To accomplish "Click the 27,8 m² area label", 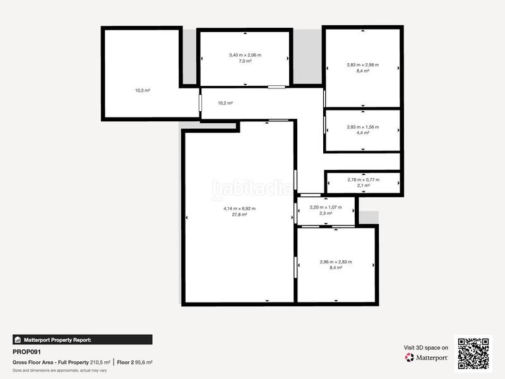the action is point(239,214).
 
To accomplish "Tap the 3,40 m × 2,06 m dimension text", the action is point(245,55).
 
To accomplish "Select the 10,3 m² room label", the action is point(143,90).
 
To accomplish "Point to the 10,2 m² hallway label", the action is point(225,103).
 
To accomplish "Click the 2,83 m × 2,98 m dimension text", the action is point(362,65).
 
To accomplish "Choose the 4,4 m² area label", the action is point(362,133).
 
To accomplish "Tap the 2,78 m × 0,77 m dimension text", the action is point(364,180).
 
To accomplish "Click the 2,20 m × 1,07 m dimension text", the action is point(326,207).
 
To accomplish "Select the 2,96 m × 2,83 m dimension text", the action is point(336,262).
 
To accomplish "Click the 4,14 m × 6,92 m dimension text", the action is point(239,208).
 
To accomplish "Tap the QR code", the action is point(473,354).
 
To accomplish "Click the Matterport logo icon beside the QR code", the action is point(409,358).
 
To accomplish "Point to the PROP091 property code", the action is point(27,352).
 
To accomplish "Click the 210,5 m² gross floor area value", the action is point(100,362).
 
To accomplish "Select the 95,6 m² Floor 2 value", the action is point(143,362).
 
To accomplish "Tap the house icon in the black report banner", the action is point(18,340).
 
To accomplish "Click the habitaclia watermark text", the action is point(252,188).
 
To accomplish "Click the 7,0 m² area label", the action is point(245,61).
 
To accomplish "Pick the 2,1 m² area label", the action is point(364,186).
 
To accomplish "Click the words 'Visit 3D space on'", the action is point(425,348).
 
